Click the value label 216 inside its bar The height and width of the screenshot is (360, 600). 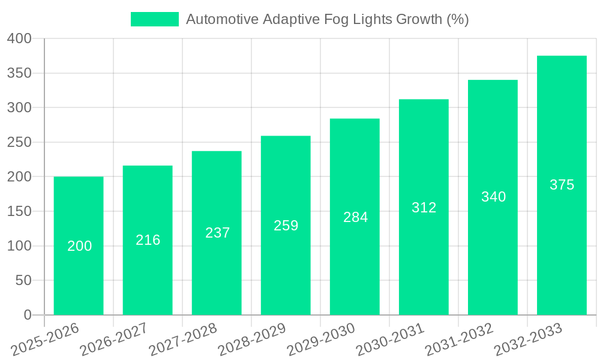click(148, 240)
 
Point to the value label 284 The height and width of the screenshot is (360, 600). click(355, 217)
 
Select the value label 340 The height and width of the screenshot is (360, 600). click(493, 197)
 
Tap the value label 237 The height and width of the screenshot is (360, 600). click(217, 233)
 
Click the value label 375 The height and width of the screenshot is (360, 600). click(562, 185)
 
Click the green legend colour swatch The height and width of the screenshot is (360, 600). click(155, 19)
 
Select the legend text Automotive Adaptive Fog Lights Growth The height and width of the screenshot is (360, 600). click(327, 19)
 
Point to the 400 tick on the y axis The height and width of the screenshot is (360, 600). click(19, 38)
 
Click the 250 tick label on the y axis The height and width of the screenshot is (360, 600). click(19, 142)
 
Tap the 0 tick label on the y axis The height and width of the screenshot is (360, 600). click(27, 315)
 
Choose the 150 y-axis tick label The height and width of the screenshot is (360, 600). click(19, 211)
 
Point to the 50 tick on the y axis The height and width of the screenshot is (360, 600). click(23, 280)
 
